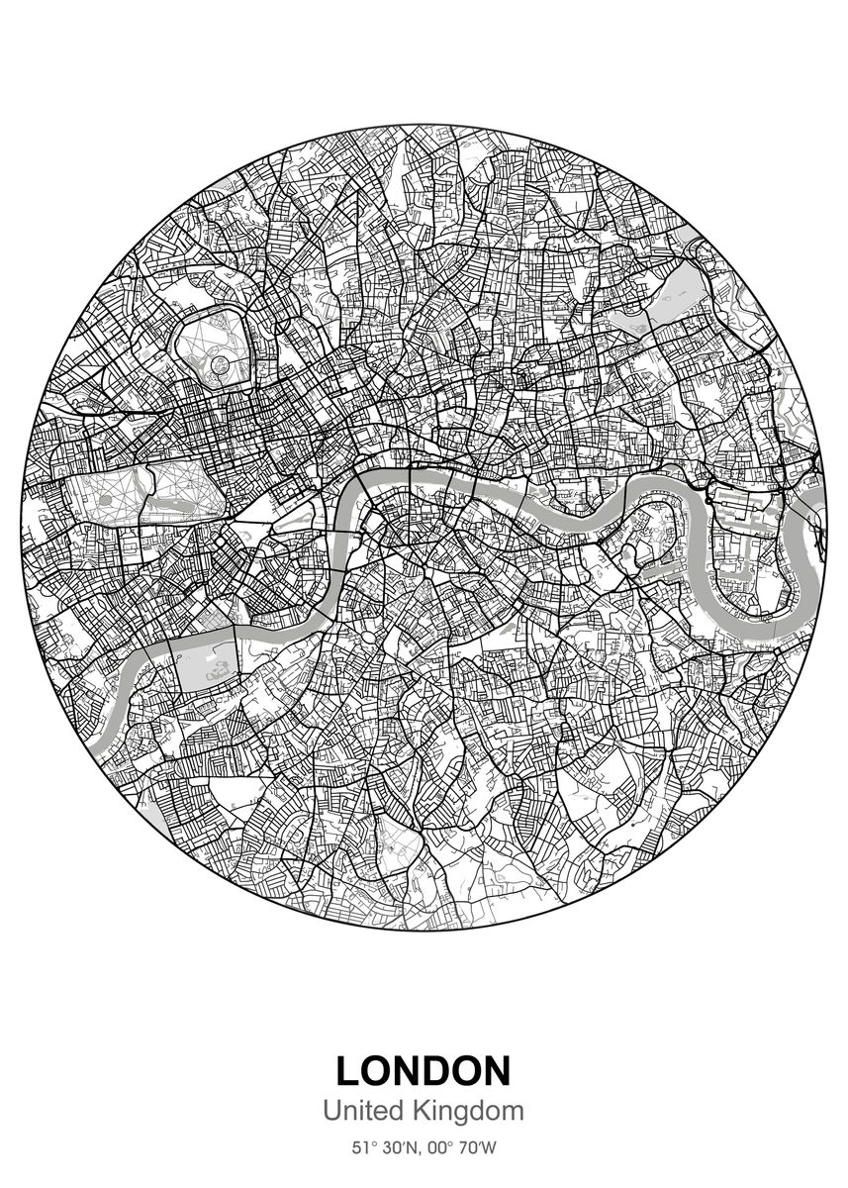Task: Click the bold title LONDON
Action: tap(424, 1070)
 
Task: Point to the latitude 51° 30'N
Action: tap(384, 1149)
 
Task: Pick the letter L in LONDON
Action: tap(348, 1070)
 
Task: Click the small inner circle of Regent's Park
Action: tap(215, 363)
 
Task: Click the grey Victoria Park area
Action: tap(671, 289)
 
